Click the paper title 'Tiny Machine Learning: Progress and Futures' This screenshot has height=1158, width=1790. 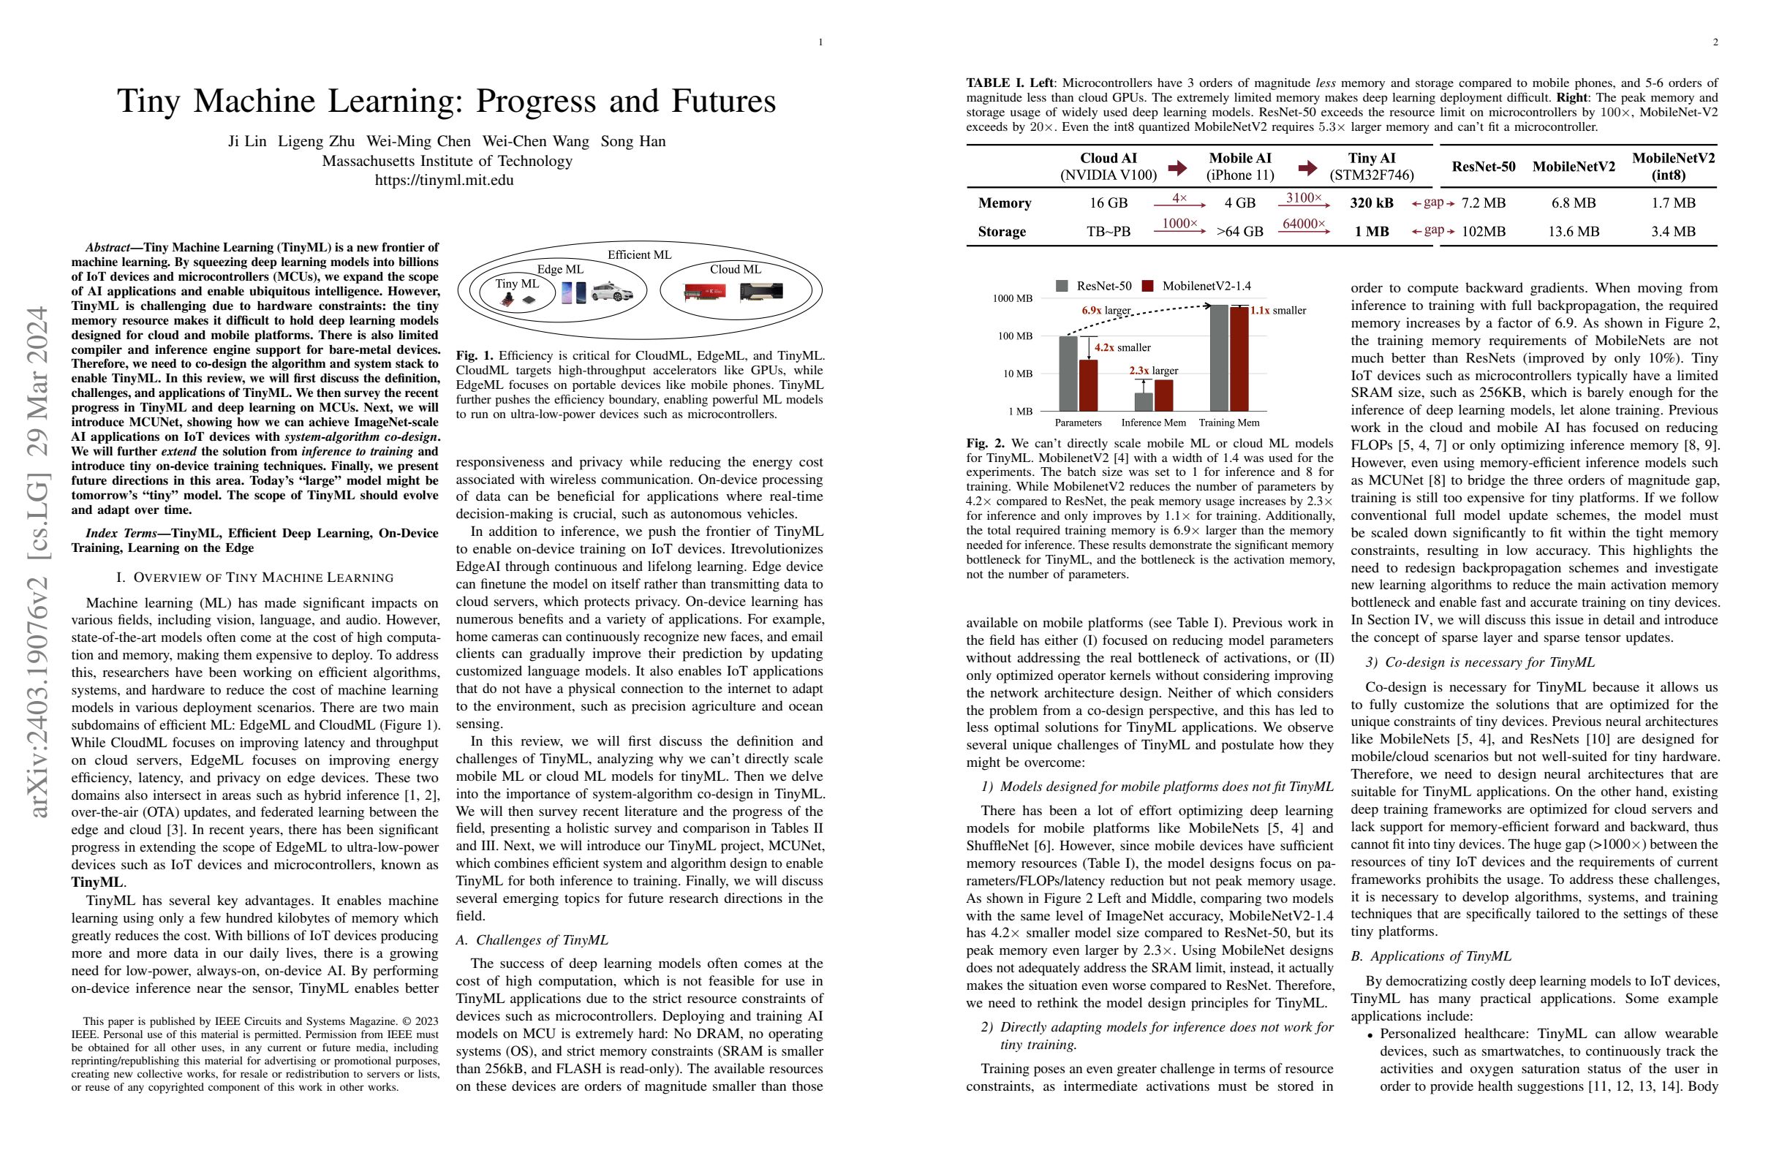tap(446, 102)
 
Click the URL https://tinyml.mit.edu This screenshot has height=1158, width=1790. tap(445, 181)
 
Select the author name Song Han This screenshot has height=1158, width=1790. tap(632, 141)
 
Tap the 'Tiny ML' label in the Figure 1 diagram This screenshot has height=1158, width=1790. tap(517, 284)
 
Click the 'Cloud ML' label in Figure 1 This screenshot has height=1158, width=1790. tap(735, 269)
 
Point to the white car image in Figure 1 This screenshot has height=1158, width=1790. tap(612, 292)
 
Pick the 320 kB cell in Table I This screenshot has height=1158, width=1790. tap(1371, 203)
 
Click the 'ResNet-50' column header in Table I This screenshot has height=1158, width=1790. tap(1483, 166)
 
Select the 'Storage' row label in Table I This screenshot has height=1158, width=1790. tap(1002, 232)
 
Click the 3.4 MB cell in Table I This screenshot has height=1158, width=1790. tap(1673, 232)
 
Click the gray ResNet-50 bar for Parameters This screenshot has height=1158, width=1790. tap(1068, 373)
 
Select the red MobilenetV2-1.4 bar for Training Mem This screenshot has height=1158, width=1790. tap(1239, 359)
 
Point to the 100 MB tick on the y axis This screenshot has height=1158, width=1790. tap(1015, 336)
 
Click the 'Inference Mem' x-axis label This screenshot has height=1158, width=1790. tap(1153, 423)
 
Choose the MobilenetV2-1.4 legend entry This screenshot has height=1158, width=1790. tap(1196, 286)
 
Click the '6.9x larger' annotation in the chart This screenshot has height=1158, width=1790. tap(1106, 310)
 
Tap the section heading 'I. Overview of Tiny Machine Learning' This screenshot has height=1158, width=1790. tap(255, 578)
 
